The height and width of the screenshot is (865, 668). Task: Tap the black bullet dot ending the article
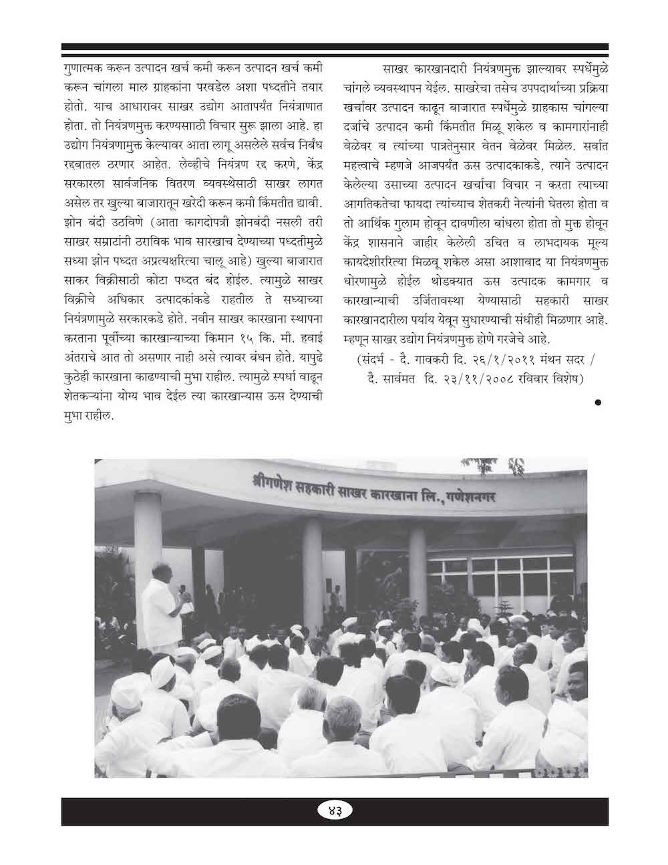point(598,402)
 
